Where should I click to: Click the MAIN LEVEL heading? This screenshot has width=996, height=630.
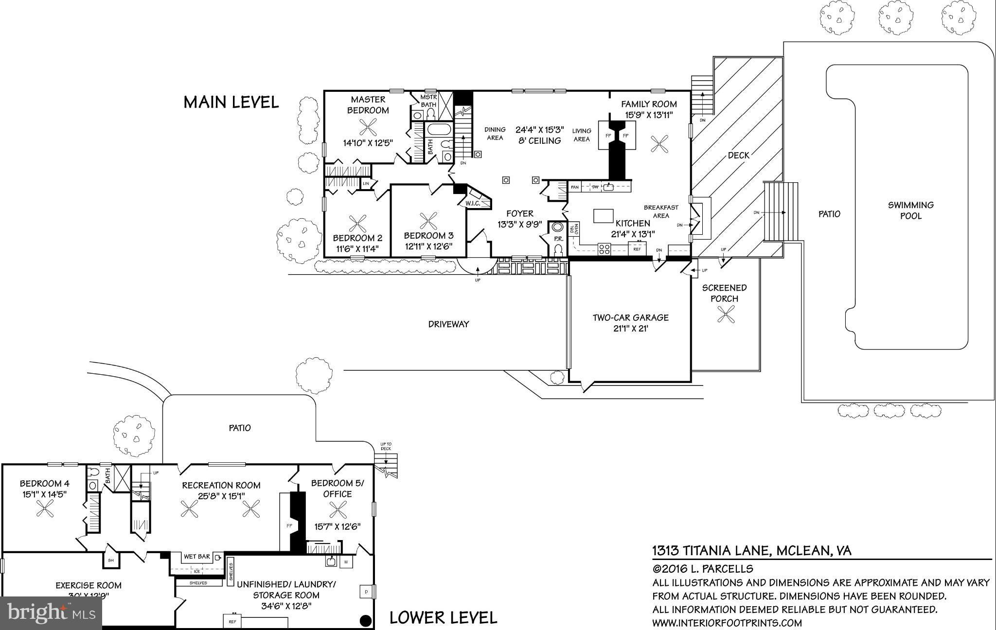231,102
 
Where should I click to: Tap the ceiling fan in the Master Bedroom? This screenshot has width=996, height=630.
368,127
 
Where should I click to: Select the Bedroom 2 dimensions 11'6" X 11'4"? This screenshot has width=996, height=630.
357,249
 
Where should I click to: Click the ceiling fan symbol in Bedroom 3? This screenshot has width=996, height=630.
428,221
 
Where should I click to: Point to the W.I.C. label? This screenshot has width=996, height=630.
473,203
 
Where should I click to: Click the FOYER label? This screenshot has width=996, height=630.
519,213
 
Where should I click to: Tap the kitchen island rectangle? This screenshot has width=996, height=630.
603,215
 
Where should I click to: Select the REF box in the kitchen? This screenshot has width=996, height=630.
637,249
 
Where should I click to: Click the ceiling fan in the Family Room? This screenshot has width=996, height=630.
660,143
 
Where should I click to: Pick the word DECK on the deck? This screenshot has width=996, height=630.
739,156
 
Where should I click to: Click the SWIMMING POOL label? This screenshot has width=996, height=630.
910,210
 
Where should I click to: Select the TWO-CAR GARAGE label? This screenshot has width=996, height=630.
630,317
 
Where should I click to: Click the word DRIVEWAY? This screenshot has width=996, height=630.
448,324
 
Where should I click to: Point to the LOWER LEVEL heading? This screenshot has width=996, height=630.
443,618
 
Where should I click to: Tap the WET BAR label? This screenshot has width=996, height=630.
197,557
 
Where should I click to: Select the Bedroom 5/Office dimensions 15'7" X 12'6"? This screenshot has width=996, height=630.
338,526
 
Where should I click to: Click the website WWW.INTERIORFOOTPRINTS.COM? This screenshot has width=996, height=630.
727,623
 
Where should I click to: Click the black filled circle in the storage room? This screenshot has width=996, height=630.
365,621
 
